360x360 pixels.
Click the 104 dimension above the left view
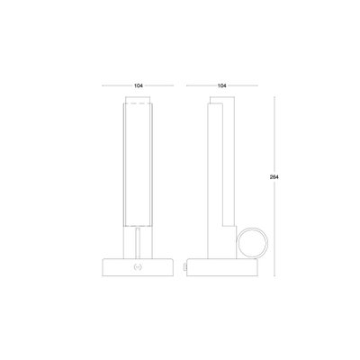(138, 85)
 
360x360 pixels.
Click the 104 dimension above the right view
(221, 85)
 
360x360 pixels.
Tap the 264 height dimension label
(274, 177)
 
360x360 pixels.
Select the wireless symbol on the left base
(138, 266)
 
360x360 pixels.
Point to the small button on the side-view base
(185, 266)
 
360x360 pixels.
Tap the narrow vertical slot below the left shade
(138, 243)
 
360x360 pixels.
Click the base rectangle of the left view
(138, 267)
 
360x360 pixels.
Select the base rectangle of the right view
(222, 267)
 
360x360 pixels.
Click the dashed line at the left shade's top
(138, 103)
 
